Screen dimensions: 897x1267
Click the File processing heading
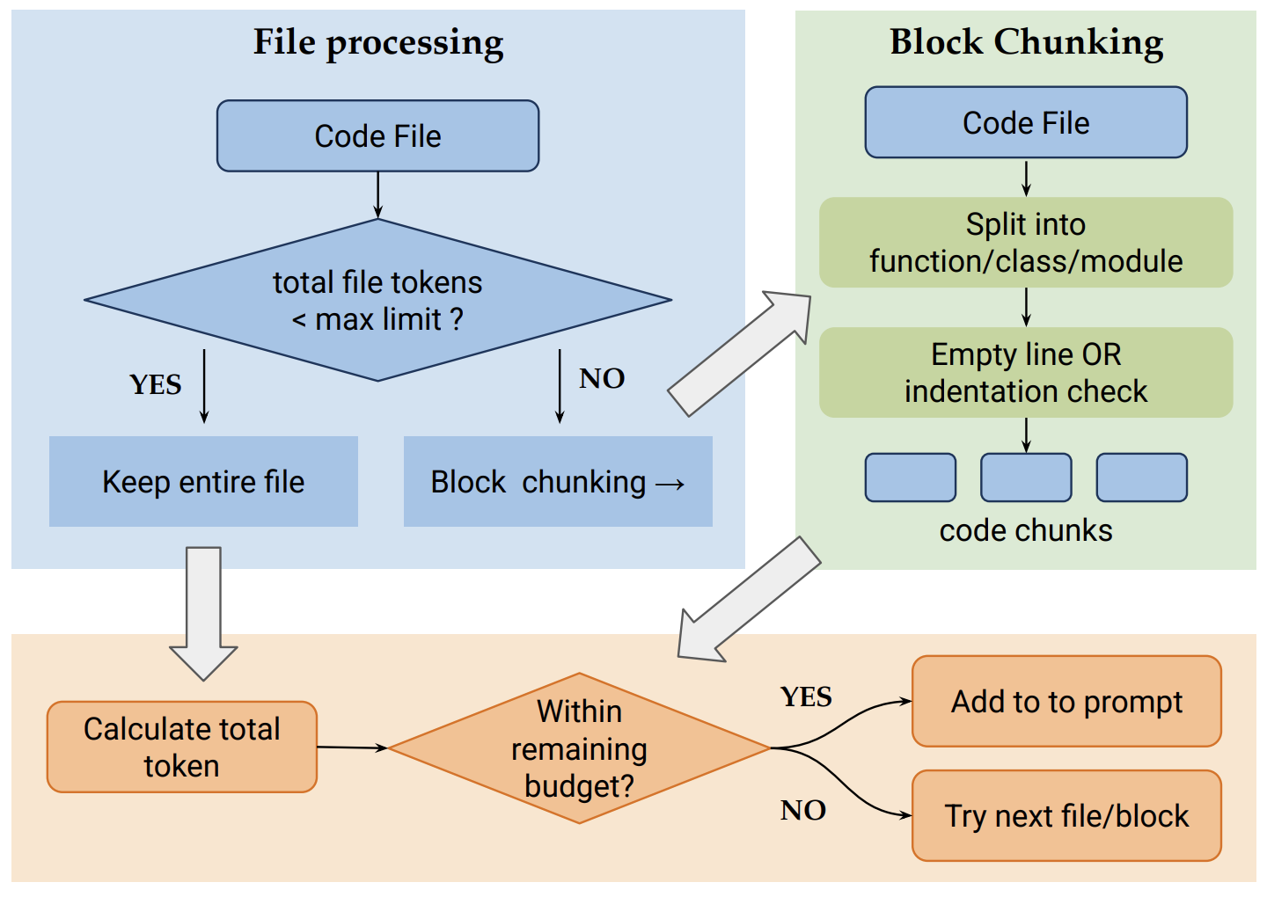[x=378, y=42]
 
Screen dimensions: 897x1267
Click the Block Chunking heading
[x=1026, y=42]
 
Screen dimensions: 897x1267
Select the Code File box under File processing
[x=377, y=136]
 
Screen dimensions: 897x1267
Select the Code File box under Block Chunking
[x=1026, y=123]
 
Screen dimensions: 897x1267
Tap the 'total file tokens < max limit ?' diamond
[x=377, y=300]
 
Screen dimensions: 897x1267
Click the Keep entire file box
[x=203, y=482]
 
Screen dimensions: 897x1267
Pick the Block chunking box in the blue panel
[x=558, y=482]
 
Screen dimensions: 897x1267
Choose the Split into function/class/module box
[x=1026, y=243]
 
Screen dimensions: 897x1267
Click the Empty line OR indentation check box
[x=1026, y=373]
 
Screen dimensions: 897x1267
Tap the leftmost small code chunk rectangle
[x=911, y=478]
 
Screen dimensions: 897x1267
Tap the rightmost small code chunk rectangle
[x=1141, y=478]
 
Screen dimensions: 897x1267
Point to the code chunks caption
[x=1026, y=531]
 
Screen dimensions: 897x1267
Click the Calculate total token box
[x=182, y=747]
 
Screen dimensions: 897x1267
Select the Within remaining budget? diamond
[x=579, y=748]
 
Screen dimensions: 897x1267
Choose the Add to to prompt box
[x=1066, y=702]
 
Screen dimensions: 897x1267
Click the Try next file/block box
[x=1066, y=816]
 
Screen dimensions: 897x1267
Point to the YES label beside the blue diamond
[x=156, y=385]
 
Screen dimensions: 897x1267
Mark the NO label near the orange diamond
[x=802, y=811]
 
